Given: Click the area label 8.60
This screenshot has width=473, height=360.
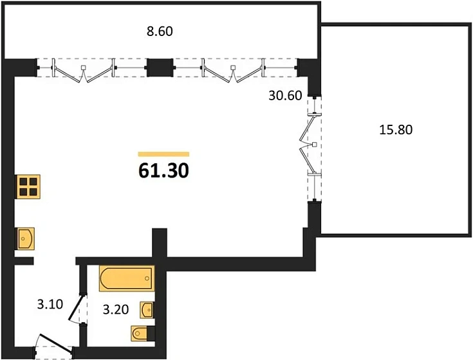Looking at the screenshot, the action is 160,32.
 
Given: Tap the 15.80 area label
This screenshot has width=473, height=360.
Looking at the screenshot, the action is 396,130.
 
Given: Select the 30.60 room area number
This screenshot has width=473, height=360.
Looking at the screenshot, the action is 285,96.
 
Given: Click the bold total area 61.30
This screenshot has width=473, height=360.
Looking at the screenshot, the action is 163,171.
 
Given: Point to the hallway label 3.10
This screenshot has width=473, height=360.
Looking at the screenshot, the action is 50,304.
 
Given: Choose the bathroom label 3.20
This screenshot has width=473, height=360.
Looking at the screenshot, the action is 116,309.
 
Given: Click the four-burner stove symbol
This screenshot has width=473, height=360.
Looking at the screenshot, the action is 28,186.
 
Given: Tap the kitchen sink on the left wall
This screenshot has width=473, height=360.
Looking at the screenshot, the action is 24,239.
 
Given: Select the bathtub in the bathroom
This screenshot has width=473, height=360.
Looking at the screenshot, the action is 127,278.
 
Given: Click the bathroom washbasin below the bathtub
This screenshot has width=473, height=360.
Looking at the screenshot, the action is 147,310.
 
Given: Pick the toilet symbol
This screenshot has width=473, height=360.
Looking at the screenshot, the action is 142,333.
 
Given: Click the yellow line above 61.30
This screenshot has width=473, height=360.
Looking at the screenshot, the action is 163,154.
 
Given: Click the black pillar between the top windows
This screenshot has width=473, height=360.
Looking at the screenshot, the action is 160,67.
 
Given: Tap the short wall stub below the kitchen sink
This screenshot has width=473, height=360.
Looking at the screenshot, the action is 24,261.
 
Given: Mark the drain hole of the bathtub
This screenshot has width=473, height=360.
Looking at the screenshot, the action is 147,278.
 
